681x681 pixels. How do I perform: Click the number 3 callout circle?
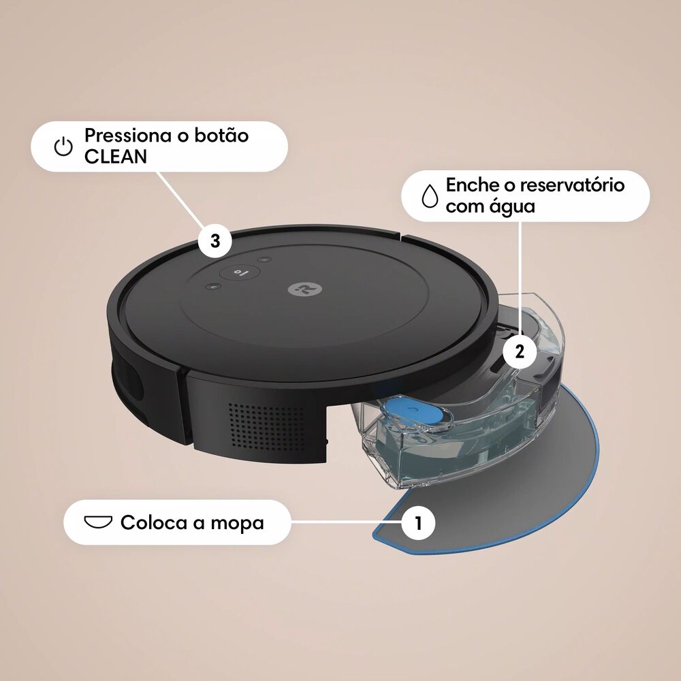click(x=215, y=240)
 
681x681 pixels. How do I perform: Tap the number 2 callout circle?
click(x=520, y=351)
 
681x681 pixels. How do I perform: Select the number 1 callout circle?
click(x=418, y=522)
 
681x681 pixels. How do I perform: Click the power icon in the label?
click(x=63, y=146)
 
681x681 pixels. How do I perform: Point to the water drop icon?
click(x=430, y=195)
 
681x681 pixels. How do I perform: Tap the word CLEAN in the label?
click(x=116, y=157)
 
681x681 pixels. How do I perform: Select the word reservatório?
click(x=572, y=185)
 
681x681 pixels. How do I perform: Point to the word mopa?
click(x=237, y=523)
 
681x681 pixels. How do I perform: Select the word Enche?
click(x=473, y=185)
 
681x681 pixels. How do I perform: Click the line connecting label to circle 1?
click(x=346, y=522)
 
